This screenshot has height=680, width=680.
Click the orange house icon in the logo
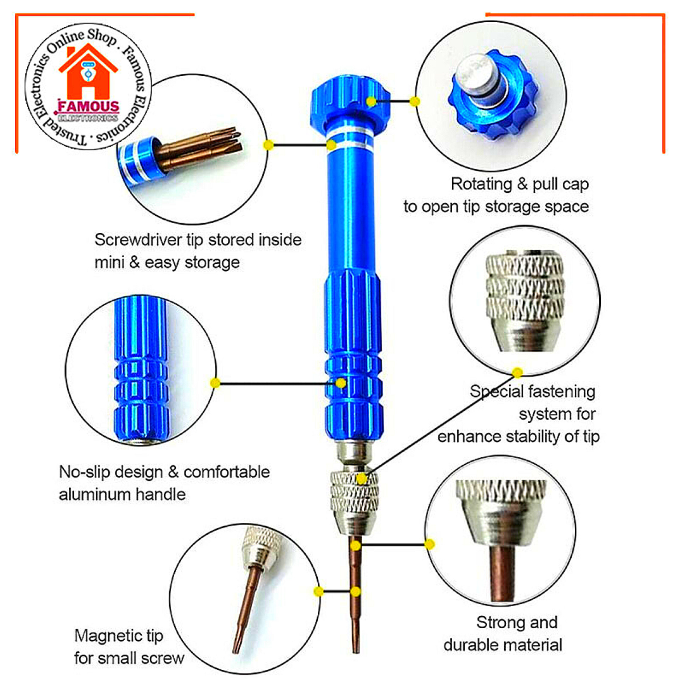click(x=88, y=73)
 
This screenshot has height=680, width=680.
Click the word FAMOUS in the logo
click(x=89, y=106)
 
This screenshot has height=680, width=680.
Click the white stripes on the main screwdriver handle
click(x=350, y=139)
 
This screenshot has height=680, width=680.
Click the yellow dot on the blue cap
click(x=371, y=102)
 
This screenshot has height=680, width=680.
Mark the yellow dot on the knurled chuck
click(x=362, y=479)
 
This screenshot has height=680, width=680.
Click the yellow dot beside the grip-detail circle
click(x=215, y=383)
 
